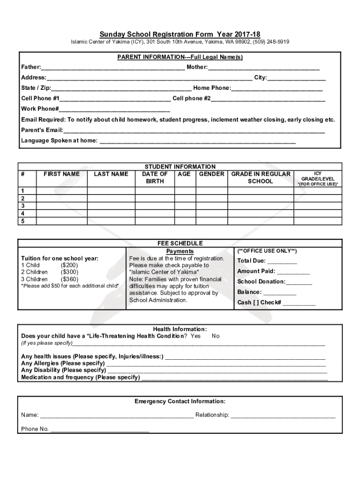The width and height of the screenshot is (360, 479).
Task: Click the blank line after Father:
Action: tap(112, 67)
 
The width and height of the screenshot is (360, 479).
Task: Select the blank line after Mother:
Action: tap(264, 67)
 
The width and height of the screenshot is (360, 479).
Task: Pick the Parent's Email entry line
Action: tap(194, 130)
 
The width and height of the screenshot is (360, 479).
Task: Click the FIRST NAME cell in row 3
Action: tap(62, 206)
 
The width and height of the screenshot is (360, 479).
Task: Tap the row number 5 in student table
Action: tap(22, 221)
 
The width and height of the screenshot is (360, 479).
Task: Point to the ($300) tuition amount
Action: tap(70, 272)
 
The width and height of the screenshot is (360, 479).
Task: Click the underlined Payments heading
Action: tap(180, 251)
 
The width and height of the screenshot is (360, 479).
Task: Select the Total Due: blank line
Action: tap(282, 261)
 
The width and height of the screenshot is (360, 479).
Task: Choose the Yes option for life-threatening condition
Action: tap(196, 336)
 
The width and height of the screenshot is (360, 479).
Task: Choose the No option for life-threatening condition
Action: tap(216, 336)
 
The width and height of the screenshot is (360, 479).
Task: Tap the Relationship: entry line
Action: tap(283, 415)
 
